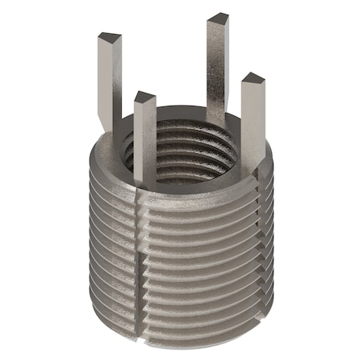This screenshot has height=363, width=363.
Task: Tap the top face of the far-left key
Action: coord(109,37)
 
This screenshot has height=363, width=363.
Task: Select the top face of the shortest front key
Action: coord(144,98)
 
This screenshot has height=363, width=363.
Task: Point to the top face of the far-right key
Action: coord(252,78)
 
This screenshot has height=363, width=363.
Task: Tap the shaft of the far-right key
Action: coord(252,121)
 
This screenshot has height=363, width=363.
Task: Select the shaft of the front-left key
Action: coord(144,145)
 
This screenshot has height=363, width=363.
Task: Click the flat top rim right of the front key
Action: coord(194,192)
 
